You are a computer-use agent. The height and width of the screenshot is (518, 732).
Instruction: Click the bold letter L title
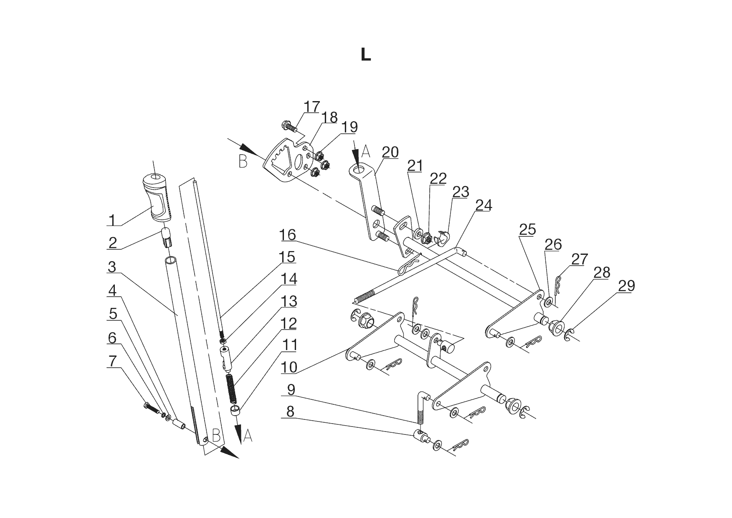pos(366,55)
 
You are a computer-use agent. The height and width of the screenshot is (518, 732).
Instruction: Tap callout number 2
pos(112,243)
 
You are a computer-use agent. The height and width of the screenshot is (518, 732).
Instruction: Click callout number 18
pos(330,117)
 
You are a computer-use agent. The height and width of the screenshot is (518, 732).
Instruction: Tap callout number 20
pos(390,152)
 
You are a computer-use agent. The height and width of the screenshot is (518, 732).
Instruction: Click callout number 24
pos(484,205)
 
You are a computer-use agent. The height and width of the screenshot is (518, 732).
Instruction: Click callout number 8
pos(290,411)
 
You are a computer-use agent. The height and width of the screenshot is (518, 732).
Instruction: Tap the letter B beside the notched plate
pos(243,161)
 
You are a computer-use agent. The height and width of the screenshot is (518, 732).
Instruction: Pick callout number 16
pos(288,235)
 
